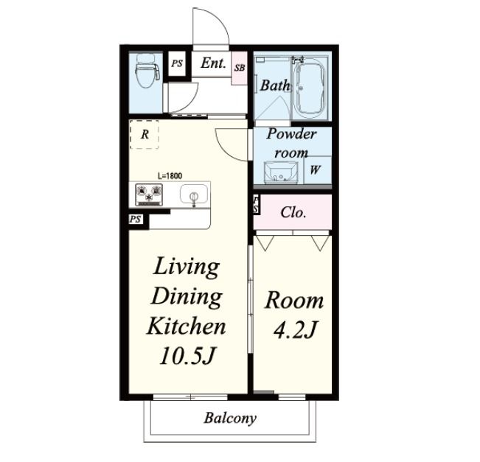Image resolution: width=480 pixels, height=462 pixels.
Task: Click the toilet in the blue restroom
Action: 147,71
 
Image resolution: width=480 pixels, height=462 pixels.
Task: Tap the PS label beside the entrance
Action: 177,63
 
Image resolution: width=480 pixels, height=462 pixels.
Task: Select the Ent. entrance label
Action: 213,63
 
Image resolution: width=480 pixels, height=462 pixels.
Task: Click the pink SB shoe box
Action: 240,68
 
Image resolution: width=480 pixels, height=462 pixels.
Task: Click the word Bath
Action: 275,85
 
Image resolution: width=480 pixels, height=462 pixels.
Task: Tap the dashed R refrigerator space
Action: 145,134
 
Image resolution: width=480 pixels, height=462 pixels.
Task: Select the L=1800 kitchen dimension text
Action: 170,175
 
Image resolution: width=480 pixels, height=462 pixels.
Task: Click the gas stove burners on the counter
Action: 149,195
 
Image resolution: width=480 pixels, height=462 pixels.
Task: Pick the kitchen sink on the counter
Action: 194,195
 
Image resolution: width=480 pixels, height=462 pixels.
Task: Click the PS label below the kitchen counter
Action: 136,219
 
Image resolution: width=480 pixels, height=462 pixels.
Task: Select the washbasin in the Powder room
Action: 281,172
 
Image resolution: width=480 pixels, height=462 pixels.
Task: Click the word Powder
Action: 291,134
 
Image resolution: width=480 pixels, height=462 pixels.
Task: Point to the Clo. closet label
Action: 293,212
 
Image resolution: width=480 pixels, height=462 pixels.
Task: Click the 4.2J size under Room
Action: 294,329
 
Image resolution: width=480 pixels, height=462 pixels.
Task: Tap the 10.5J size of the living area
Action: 187,355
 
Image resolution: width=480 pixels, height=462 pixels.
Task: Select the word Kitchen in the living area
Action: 187,326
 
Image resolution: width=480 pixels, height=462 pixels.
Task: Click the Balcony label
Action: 230,418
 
